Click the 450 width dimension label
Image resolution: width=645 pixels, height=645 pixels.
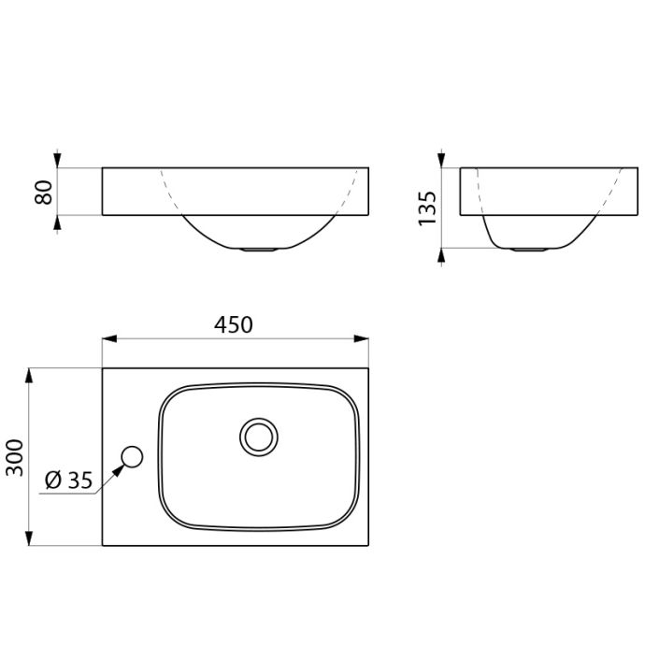point(234,324)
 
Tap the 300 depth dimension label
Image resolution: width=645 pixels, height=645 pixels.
point(15,457)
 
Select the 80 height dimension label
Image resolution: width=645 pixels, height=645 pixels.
point(44,193)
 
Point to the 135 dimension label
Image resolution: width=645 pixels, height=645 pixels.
point(427,208)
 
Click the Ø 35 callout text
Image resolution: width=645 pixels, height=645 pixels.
point(68,480)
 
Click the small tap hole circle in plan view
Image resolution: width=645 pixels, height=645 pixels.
point(132,456)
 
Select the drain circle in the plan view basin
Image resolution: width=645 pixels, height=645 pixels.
point(258,437)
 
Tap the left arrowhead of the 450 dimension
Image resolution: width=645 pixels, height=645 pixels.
point(109,339)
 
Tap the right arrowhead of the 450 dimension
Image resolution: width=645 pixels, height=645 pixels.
point(361,339)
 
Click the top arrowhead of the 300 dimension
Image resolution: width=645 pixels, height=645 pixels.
point(29,376)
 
